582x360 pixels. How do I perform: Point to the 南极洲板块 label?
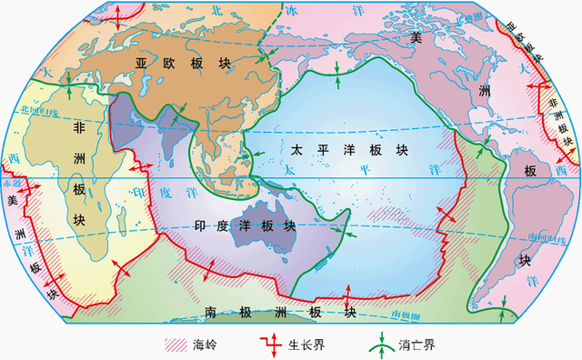(279, 312)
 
